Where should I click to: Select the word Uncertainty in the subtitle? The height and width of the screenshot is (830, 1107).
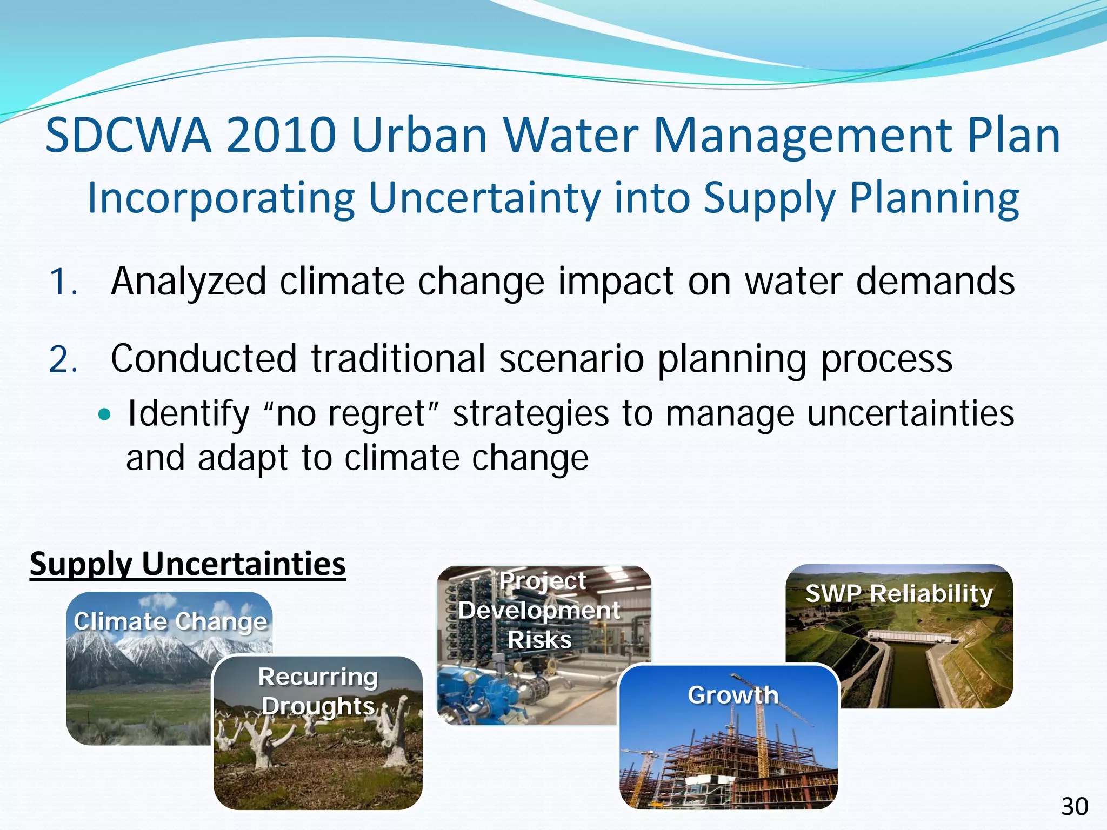point(484,198)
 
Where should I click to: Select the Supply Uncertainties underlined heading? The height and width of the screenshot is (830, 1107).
point(188,564)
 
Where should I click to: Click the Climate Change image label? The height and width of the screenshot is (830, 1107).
point(170,621)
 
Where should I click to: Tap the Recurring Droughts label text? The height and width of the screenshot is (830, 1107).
point(318,692)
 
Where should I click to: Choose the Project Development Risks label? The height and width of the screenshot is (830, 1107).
point(539,611)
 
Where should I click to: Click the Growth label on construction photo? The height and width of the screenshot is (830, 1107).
point(733,695)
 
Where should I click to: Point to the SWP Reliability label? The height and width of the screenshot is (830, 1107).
point(899,594)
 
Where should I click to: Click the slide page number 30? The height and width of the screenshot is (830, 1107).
point(1075,807)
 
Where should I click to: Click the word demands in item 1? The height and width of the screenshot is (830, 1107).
point(935,282)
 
